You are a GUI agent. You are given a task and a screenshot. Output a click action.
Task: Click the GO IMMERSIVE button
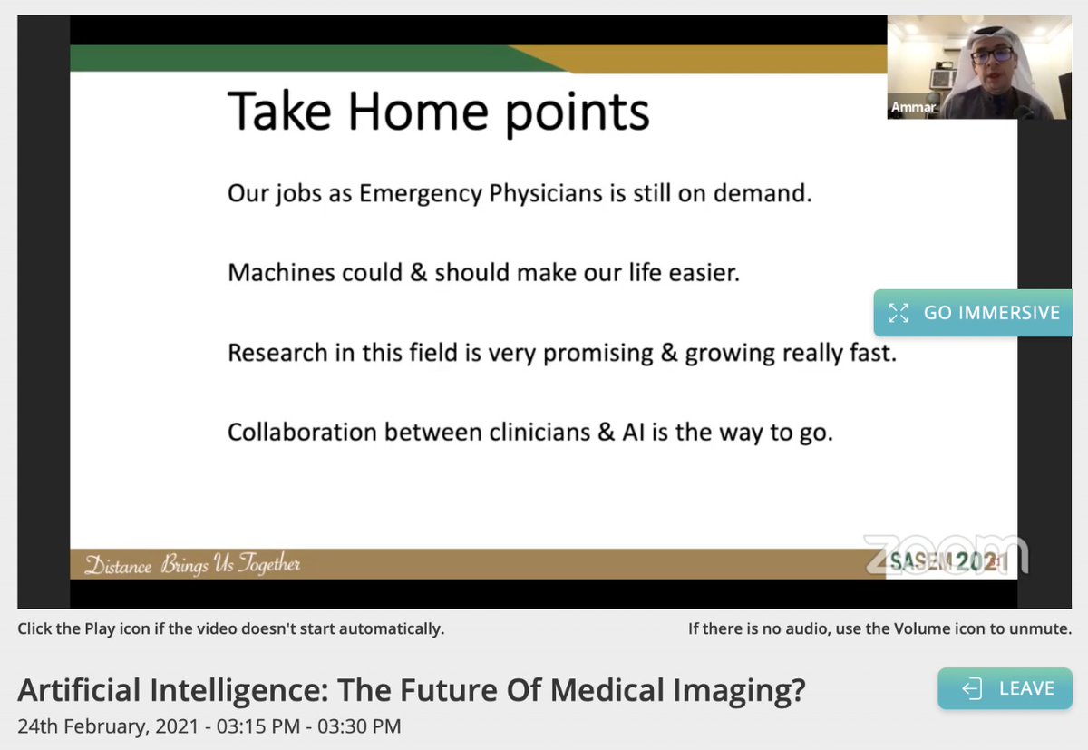[973, 313]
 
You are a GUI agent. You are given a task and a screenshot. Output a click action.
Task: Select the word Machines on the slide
[281, 273]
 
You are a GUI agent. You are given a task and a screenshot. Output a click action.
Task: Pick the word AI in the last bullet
[633, 433]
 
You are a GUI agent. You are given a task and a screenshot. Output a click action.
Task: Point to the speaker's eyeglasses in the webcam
[992, 56]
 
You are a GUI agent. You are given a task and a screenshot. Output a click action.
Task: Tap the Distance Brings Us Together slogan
[192, 564]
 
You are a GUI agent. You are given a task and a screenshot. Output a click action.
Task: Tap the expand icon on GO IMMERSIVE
[899, 313]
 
